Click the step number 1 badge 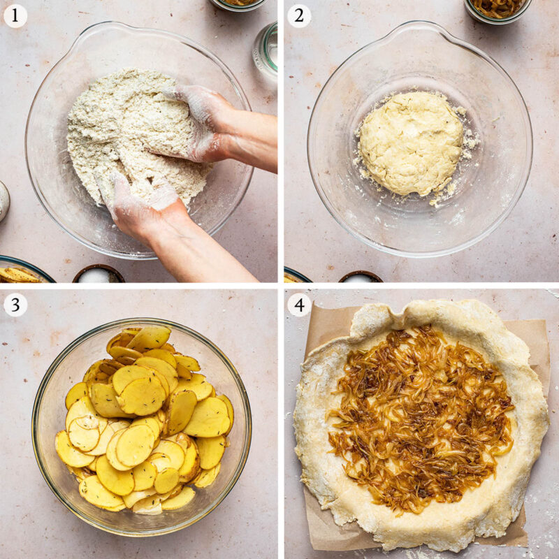point(15,15)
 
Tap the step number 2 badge point(299,15)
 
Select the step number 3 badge point(15,305)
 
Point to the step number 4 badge point(299,305)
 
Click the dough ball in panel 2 point(411,143)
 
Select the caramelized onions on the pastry point(419,412)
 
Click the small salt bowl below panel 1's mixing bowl point(98,274)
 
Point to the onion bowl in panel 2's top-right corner point(497,8)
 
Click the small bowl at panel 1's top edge point(238,3)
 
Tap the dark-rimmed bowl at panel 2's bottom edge point(360,277)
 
